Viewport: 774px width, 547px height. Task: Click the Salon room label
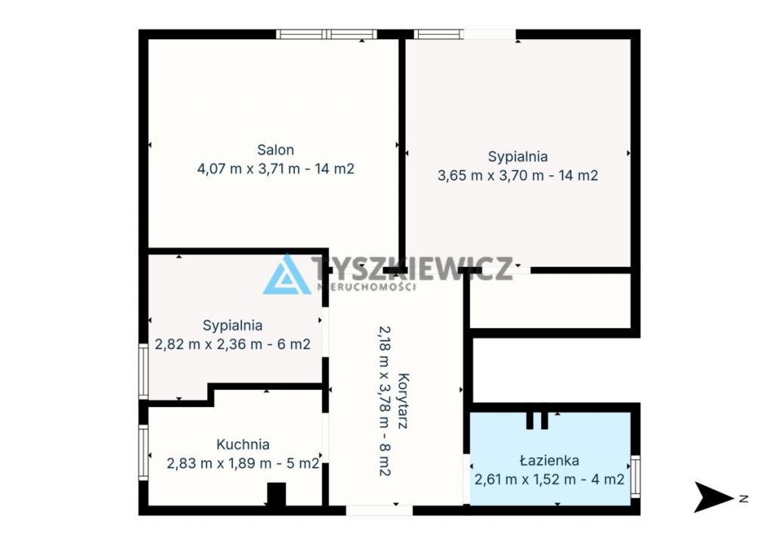coord(275,150)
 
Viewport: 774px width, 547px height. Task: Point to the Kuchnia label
coord(243,444)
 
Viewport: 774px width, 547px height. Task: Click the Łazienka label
coord(550,460)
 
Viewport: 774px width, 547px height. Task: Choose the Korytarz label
coord(403,401)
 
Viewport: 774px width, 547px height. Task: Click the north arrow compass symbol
coord(713,497)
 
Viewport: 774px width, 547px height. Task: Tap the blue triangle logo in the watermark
coord(286,275)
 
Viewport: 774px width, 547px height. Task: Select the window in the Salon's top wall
coord(327,34)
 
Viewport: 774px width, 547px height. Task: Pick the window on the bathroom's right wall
coord(636,477)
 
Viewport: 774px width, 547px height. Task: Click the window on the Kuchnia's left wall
coord(144,453)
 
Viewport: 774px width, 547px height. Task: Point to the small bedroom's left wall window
coord(144,372)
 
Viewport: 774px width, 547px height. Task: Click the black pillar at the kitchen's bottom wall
coord(277,493)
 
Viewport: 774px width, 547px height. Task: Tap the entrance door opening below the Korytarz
coord(379,511)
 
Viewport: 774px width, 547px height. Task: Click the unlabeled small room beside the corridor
coord(550,301)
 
